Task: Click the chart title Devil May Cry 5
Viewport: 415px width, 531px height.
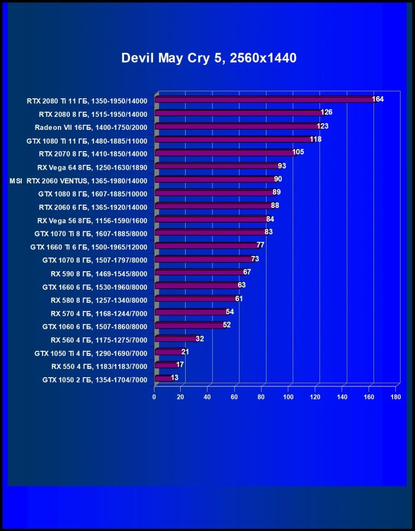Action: (209, 58)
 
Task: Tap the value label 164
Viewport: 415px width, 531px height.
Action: (378, 99)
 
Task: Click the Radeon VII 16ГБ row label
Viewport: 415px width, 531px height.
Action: (91, 127)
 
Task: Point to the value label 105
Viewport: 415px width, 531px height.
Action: (298, 152)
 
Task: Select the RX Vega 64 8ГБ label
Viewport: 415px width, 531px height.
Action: (92, 167)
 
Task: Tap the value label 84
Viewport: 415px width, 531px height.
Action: (270, 219)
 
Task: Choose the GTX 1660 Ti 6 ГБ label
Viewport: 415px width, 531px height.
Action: (89, 247)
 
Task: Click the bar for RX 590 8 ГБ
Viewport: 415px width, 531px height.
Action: (199, 272)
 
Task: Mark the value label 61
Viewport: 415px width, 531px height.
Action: (239, 299)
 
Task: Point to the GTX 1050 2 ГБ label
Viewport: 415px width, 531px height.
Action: (94, 380)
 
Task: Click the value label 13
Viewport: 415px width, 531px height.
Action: (174, 378)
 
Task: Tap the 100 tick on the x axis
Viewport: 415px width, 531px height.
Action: (288, 397)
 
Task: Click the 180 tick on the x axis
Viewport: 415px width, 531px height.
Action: (396, 397)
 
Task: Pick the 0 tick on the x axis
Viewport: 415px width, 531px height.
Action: (155, 397)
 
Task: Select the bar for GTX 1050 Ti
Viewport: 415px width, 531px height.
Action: (169, 352)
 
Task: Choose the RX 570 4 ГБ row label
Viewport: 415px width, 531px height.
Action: (99, 313)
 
